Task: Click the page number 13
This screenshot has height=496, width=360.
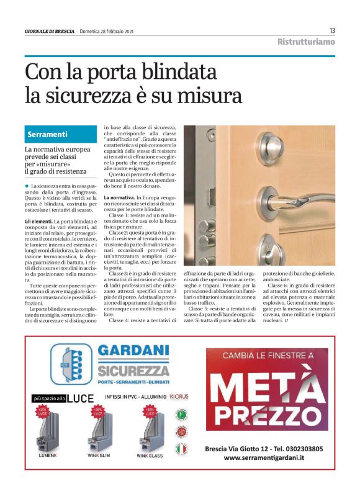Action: (332, 30)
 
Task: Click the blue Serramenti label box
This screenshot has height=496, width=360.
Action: (55, 135)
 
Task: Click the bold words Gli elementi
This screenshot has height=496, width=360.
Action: (38, 221)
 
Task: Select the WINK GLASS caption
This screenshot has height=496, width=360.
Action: (150, 456)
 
